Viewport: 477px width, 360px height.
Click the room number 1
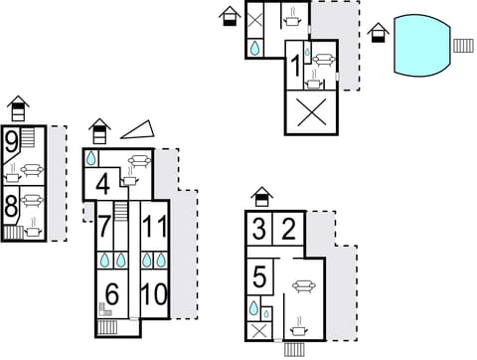point(295,67)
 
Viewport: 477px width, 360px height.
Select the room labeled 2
point(288,229)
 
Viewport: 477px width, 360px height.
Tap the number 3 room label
point(259,229)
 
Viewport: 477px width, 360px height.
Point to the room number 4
point(102,184)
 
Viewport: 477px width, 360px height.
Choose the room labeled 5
point(259,276)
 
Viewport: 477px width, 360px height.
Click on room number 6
point(111,294)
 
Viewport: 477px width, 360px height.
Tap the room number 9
point(11,142)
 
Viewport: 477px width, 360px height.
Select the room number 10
point(153,294)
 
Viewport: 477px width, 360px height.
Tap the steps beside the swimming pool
point(463,45)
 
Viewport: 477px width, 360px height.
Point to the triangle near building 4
point(137,129)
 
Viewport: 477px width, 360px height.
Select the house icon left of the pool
point(377,34)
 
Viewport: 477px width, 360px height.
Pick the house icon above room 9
point(18,105)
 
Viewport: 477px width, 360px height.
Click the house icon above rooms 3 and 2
point(260,196)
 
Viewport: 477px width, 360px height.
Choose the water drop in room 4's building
point(91,158)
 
